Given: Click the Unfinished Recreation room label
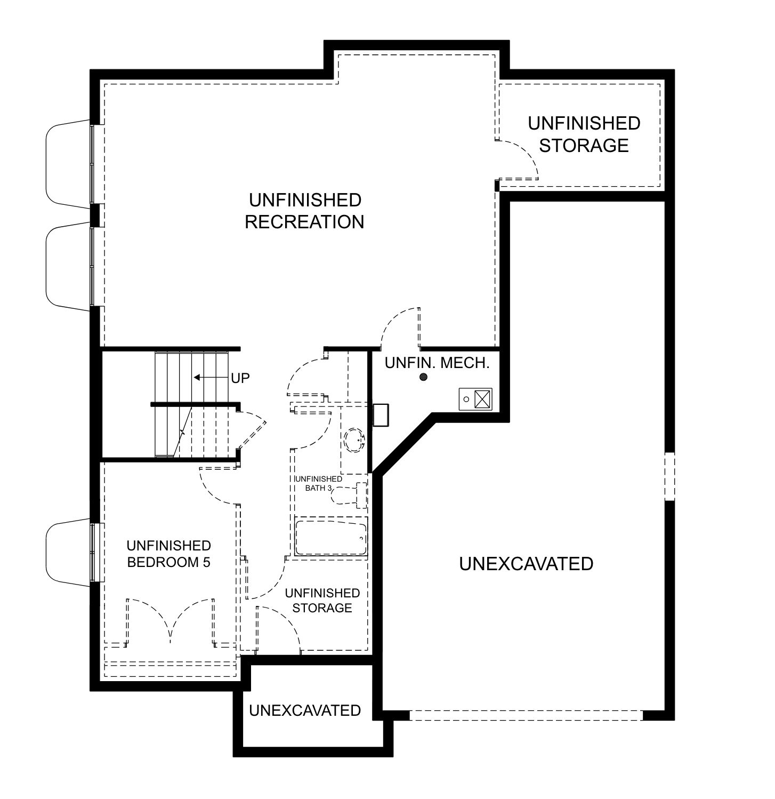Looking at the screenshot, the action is tap(304, 211).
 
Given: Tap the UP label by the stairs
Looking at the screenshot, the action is tap(240, 378).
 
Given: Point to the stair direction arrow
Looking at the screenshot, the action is tap(211, 378).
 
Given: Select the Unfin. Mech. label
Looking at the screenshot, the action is tap(437, 363).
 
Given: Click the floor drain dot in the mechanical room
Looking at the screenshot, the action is tap(424, 378).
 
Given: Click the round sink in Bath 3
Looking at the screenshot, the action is tap(354, 440).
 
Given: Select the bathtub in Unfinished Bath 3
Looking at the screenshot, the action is tap(331, 538).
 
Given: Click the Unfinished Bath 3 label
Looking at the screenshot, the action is tap(318, 483).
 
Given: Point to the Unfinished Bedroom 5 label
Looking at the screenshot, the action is tap(169, 554).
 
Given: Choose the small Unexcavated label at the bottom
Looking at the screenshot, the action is tap(305, 710).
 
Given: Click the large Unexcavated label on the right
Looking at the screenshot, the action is tap(526, 564).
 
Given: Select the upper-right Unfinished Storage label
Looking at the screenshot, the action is tap(584, 134).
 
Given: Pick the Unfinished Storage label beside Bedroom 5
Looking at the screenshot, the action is tap(322, 601).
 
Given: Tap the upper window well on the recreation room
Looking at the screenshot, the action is tap(68, 163).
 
